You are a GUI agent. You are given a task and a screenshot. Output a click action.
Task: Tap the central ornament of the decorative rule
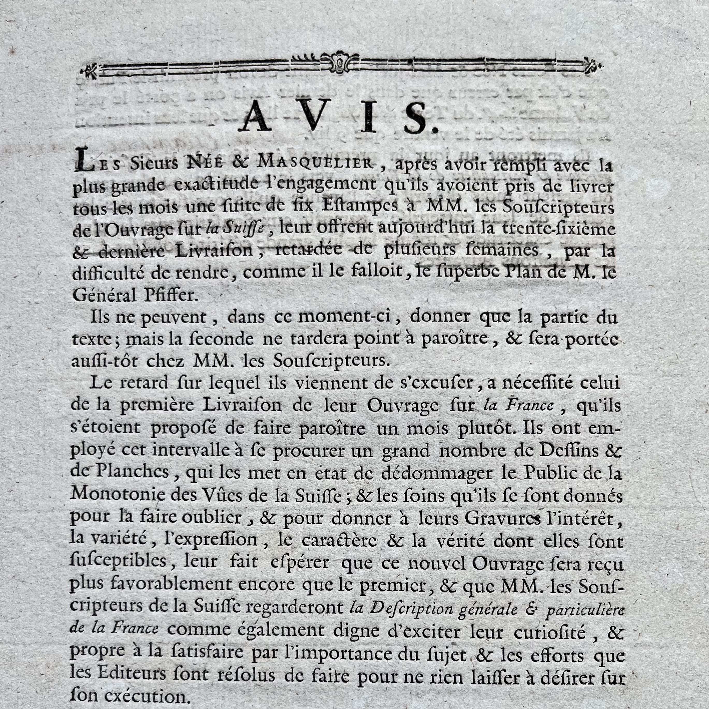click(339, 62)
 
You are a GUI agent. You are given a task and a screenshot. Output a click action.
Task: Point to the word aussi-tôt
click(104, 361)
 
